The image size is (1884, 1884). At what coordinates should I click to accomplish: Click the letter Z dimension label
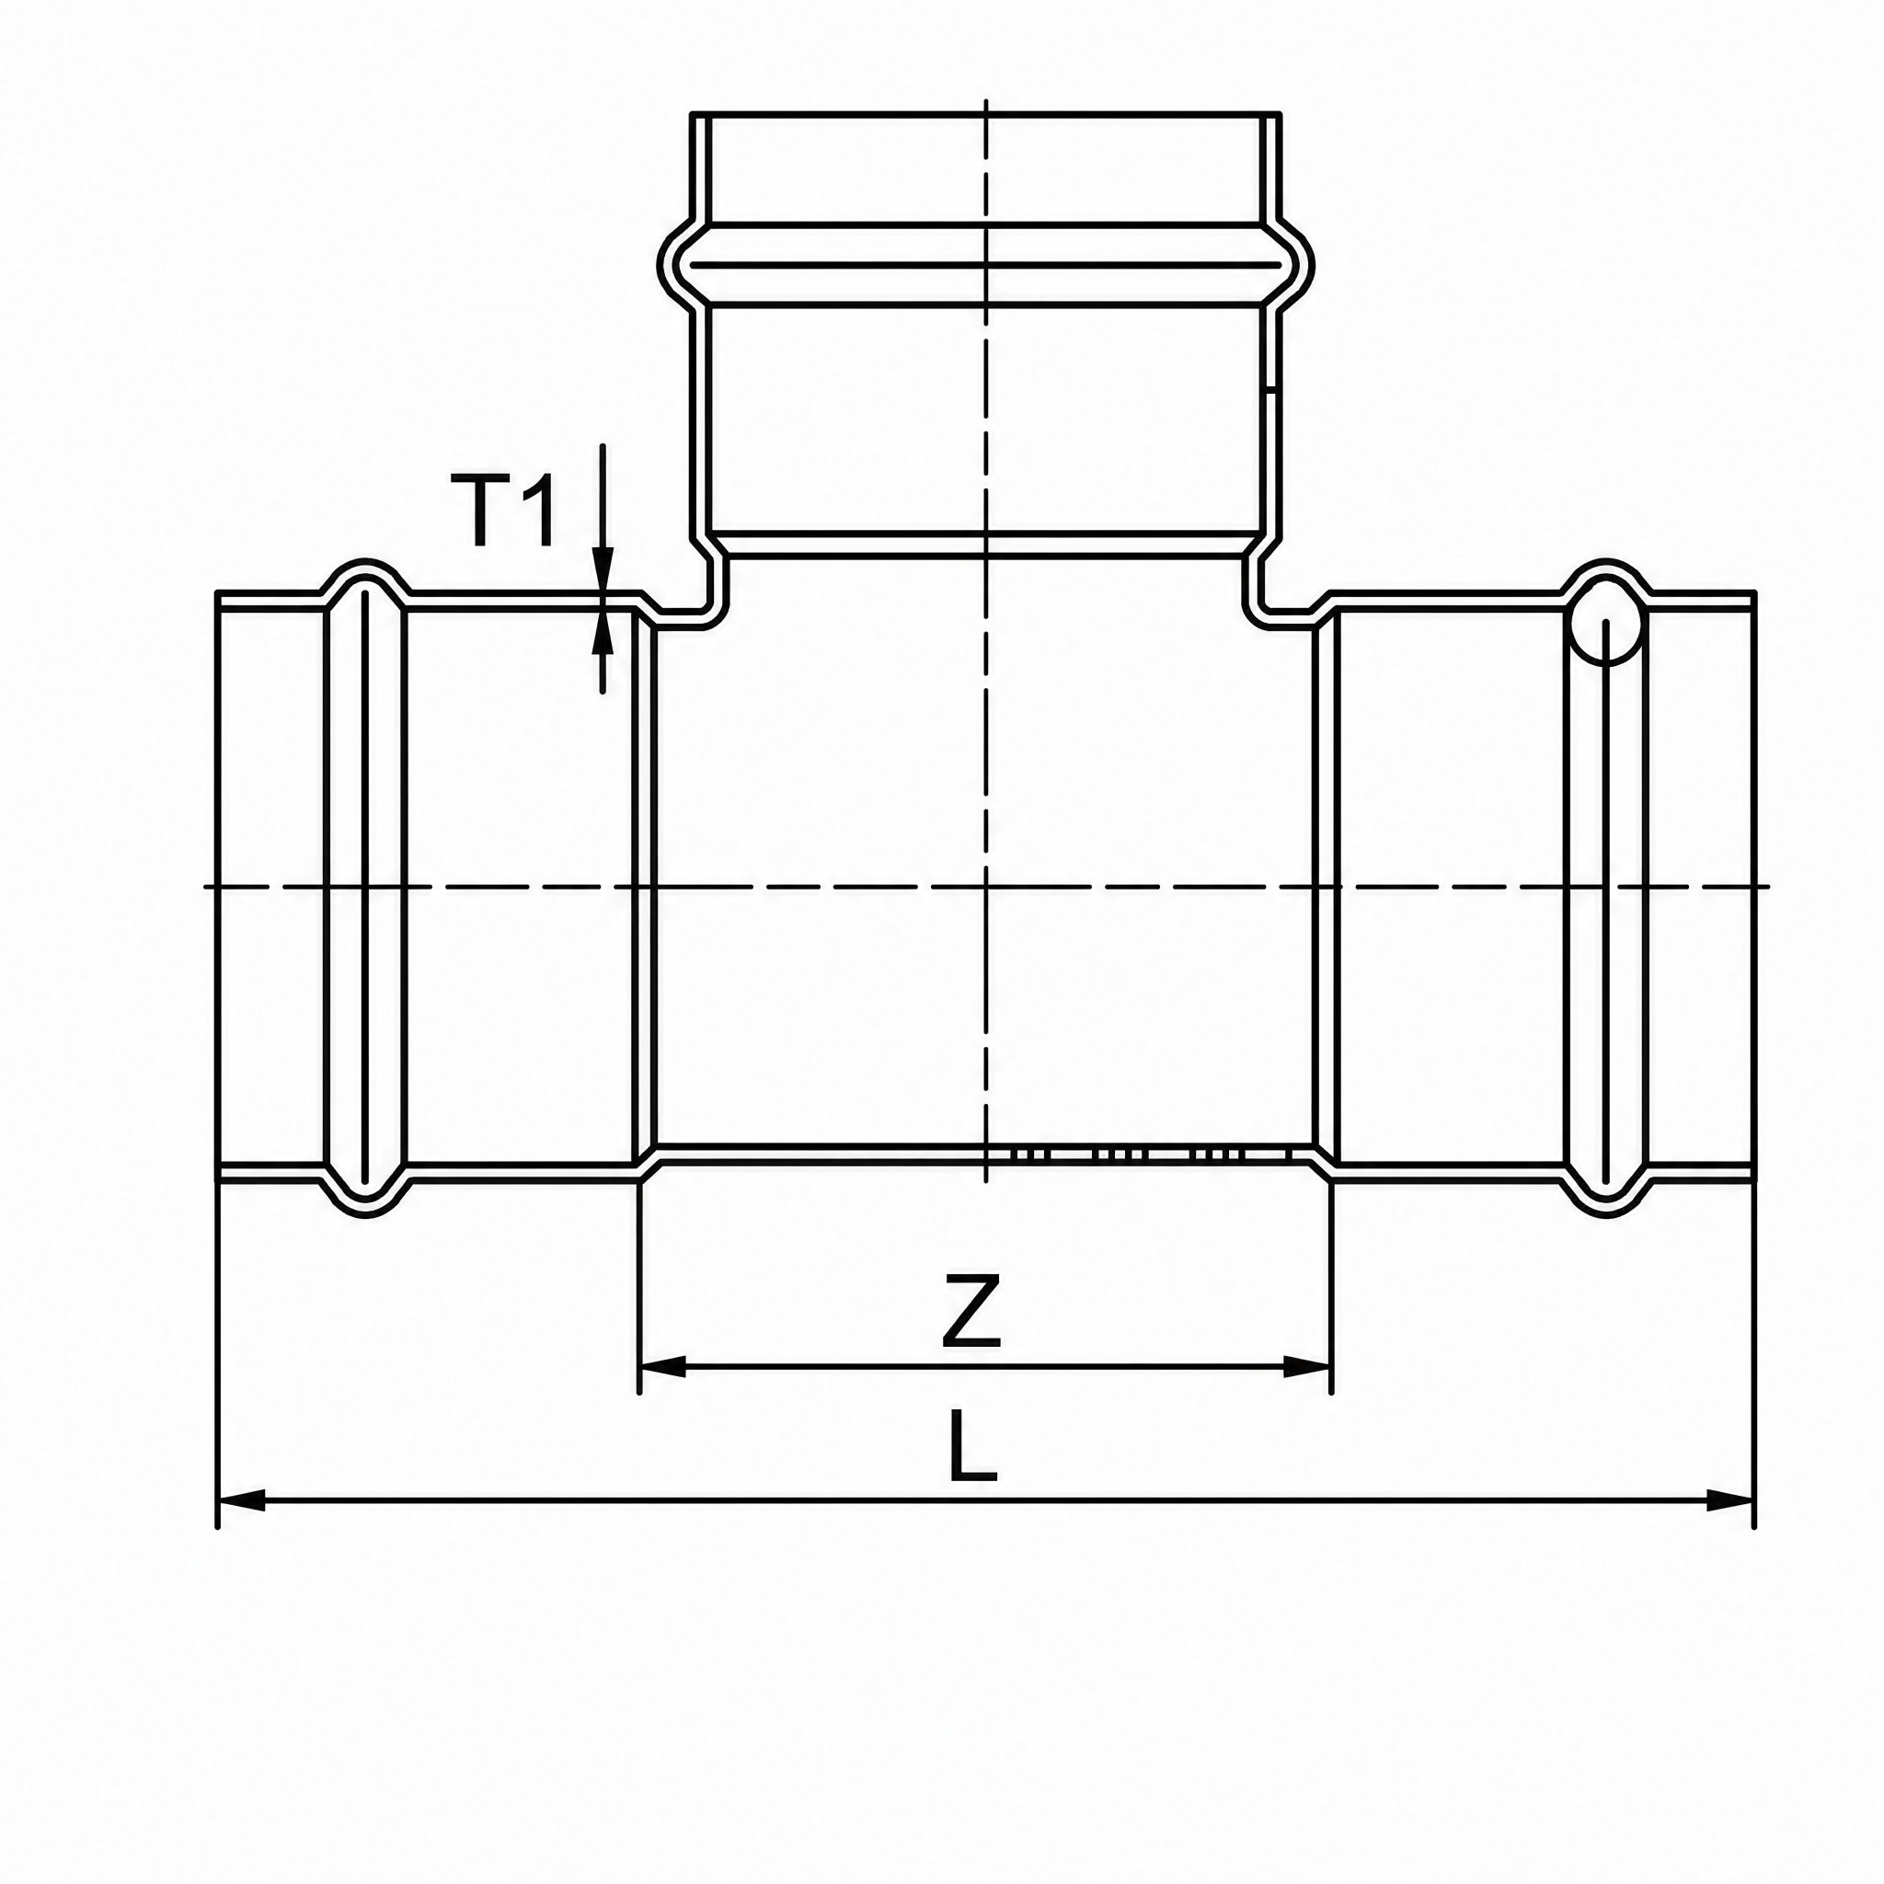point(971,1311)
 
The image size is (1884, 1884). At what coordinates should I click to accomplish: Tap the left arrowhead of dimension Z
point(663,1367)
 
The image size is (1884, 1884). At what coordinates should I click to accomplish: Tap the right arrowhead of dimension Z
point(1306,1367)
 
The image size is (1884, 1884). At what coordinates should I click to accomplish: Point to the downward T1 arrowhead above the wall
point(603,569)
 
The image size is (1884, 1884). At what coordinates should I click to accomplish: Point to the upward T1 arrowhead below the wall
point(603,632)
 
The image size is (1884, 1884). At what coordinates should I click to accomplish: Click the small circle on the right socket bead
point(1606,628)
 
